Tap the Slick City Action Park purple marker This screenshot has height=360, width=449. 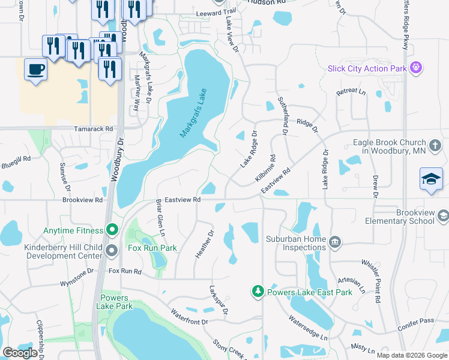coord(415,68)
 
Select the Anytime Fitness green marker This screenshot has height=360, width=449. coord(112,230)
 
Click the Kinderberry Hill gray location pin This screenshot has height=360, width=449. coord(112,250)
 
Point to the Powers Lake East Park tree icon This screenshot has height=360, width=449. coord(258,292)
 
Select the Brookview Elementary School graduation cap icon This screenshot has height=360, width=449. coord(443,215)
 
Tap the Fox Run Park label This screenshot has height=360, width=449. coord(152,248)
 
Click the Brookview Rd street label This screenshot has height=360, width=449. coord(83,200)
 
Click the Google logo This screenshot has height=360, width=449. coord(20,352)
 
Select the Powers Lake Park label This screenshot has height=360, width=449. coord(114,302)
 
